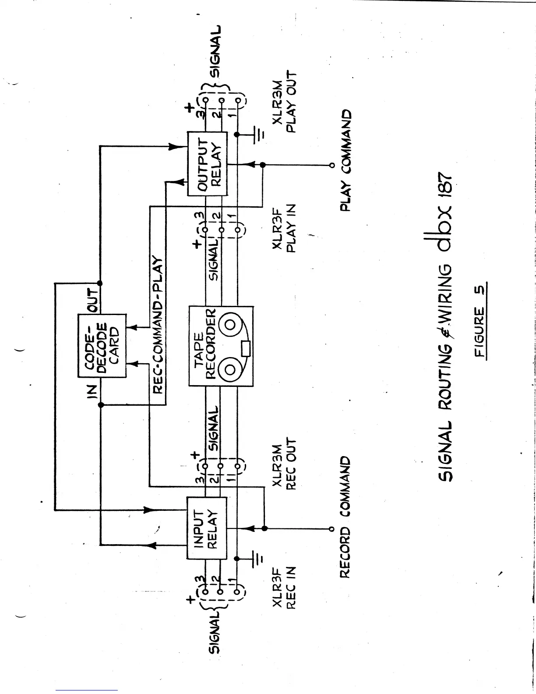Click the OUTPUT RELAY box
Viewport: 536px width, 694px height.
point(207,163)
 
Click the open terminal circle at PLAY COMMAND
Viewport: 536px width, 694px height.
point(331,165)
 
